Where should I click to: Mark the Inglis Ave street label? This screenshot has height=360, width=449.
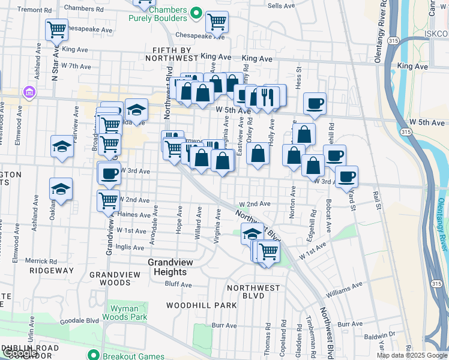[130, 247]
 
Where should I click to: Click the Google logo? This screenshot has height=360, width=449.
[20, 353]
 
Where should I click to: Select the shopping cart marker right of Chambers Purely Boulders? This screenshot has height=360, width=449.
[216, 22]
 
